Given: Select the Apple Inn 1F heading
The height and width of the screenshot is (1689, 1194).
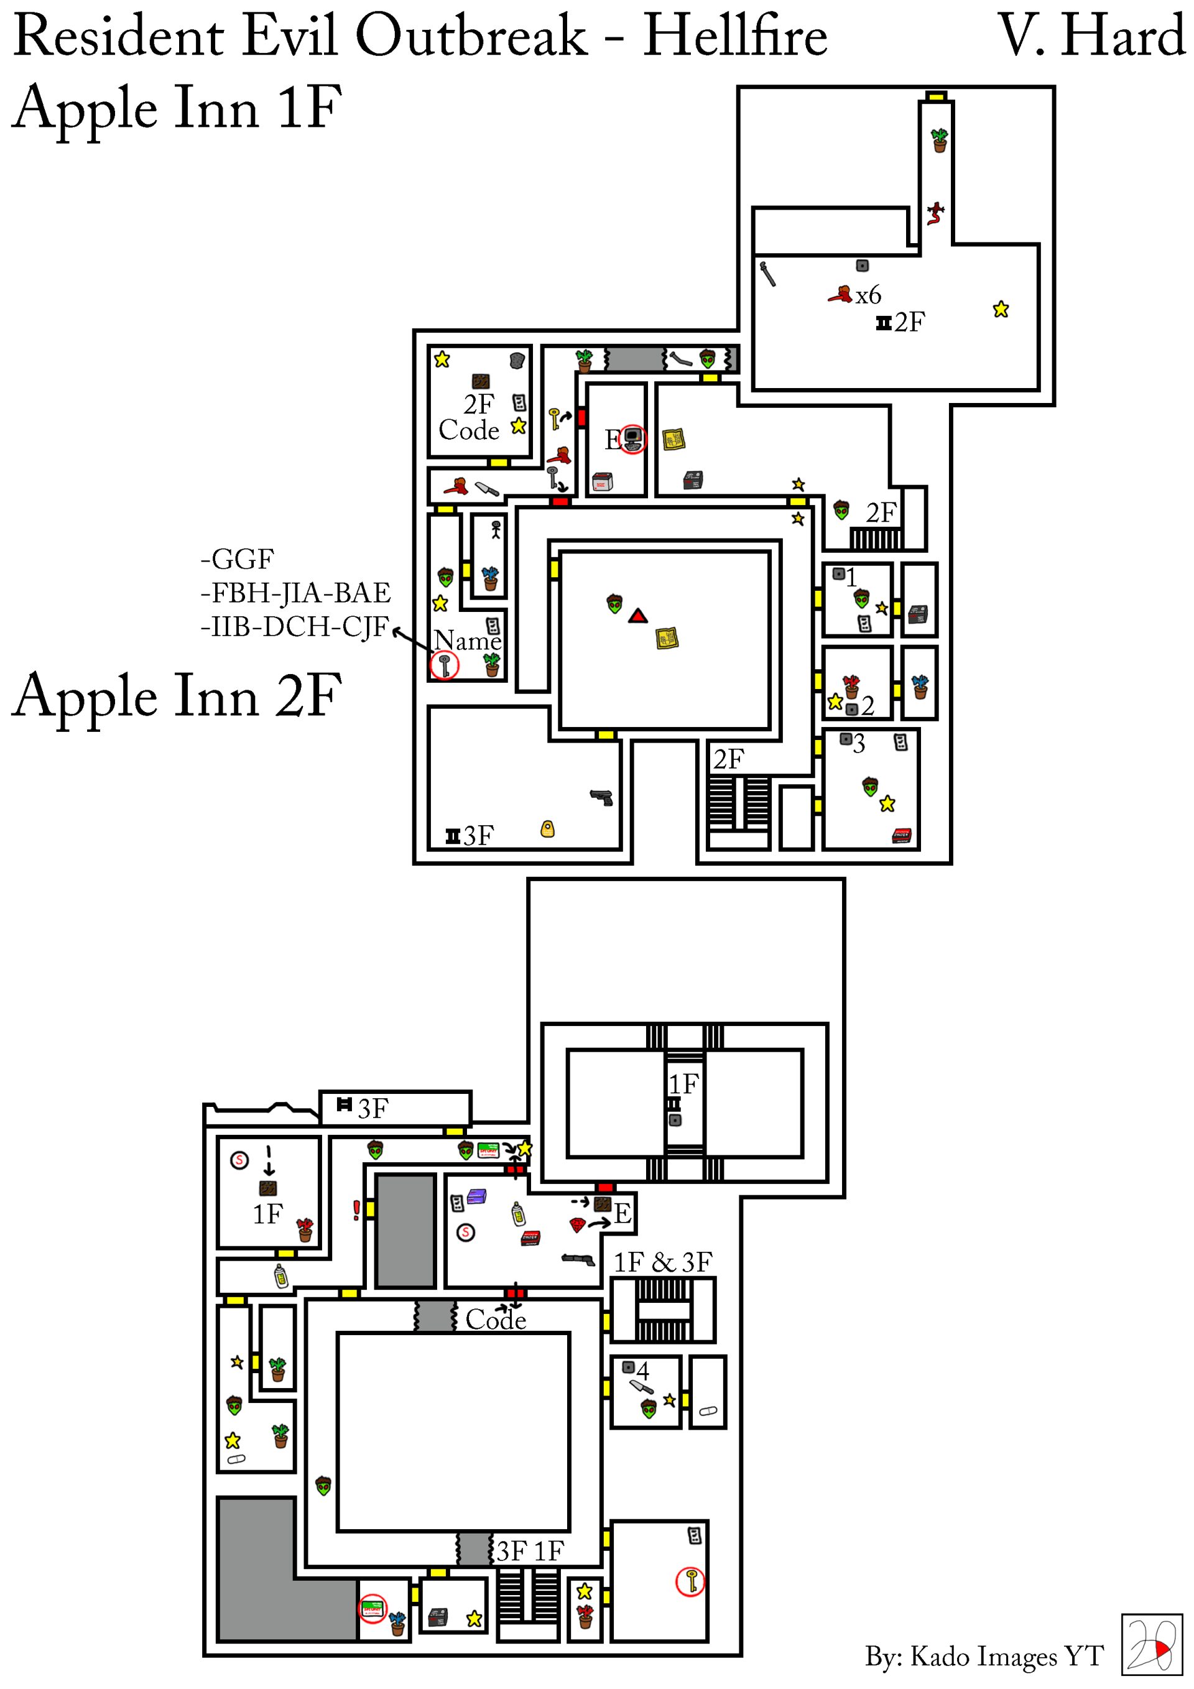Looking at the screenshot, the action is pyautogui.click(x=177, y=108).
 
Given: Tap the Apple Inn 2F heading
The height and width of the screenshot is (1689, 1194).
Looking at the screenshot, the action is pyautogui.click(x=177, y=696).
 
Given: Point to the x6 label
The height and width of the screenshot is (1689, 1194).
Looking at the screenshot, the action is pyautogui.click(x=868, y=296).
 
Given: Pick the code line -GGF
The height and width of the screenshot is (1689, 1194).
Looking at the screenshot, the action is pyautogui.click(x=237, y=559).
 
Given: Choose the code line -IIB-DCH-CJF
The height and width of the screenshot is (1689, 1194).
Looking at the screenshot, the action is pyautogui.click(x=294, y=627).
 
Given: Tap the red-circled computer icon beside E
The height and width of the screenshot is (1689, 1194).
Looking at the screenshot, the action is pyautogui.click(x=632, y=439).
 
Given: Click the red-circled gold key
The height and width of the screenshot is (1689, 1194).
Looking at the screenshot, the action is pyautogui.click(x=691, y=1581).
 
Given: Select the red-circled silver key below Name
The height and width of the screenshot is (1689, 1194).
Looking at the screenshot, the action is pyautogui.click(x=445, y=666).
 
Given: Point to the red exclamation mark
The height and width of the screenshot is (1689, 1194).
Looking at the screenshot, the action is pyautogui.click(x=356, y=1210).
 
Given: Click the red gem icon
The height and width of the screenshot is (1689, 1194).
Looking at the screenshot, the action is pyautogui.click(x=578, y=1225).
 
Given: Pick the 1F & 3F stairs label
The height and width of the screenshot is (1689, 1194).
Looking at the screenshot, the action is pyautogui.click(x=663, y=1262).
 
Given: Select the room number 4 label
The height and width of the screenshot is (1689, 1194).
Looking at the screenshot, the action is pyautogui.click(x=643, y=1371).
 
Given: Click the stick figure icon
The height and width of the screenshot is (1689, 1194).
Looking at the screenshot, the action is pyautogui.click(x=496, y=530).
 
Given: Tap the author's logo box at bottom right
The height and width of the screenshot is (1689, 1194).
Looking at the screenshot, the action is pyautogui.click(x=1151, y=1645).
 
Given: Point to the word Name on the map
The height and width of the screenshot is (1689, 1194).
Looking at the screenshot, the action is pyautogui.click(x=468, y=641).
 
